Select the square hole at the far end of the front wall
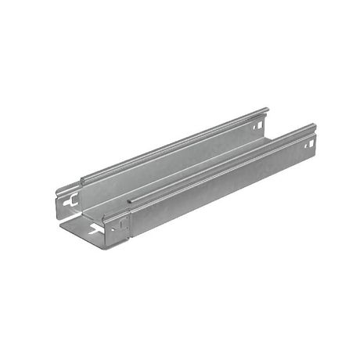click(x=307, y=146)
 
